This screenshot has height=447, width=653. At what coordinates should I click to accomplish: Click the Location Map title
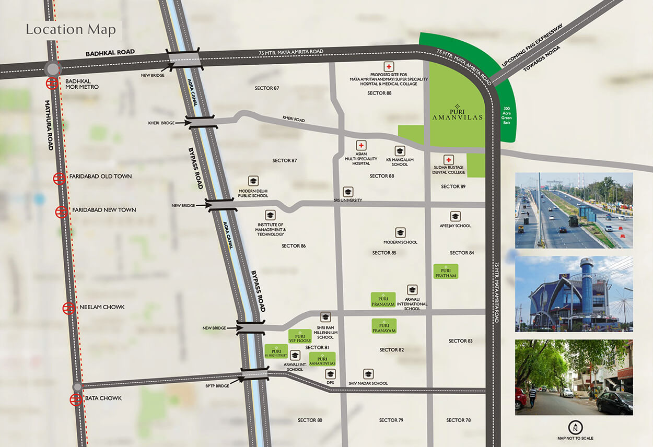71,29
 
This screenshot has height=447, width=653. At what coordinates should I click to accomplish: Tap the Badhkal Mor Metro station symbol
51,83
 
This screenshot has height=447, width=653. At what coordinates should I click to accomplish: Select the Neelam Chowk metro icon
68,308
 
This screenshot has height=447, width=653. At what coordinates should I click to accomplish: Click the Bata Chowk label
103,398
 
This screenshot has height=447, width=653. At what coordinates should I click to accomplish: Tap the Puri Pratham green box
446,272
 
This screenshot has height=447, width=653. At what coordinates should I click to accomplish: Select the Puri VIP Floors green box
300,337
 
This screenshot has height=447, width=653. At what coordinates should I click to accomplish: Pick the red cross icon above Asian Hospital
361,145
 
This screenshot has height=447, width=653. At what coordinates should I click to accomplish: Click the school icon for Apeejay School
455,216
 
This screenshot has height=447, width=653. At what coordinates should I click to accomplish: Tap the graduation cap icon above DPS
330,374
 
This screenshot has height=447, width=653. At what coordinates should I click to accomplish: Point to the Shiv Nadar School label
368,383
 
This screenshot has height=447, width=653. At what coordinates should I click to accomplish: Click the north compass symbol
575,427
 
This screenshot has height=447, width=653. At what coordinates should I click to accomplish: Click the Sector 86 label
294,245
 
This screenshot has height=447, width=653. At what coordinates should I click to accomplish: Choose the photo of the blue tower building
574,293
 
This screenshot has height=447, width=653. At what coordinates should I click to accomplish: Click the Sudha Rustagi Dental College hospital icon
448,159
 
